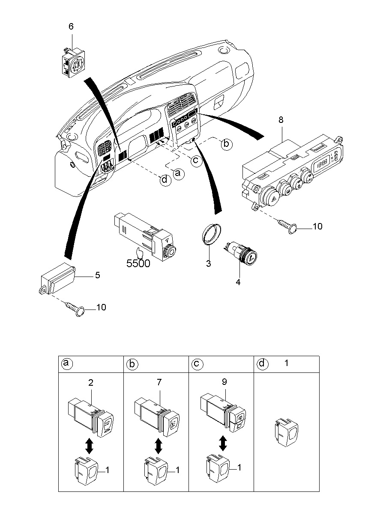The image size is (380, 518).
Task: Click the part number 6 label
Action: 71,27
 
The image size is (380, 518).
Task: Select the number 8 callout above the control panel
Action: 281,120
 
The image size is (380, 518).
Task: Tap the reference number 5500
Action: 138,263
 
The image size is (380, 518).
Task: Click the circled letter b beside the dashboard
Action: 226,144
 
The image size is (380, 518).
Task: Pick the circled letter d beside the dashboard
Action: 165,179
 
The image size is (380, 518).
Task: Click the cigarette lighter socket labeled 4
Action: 240,254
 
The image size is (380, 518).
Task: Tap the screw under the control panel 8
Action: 287,226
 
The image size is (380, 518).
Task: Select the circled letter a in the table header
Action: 67,363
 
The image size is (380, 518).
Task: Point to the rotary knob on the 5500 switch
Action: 170,251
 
